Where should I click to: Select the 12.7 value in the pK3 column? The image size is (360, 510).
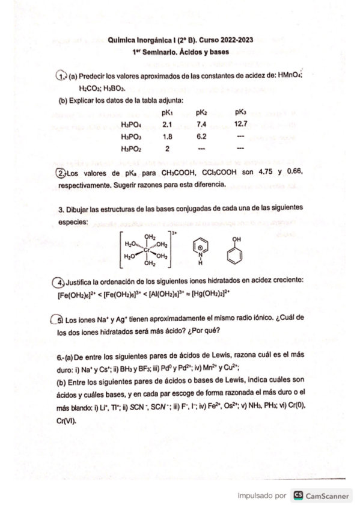[240, 124]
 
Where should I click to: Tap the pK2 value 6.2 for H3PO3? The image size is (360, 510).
[202, 137]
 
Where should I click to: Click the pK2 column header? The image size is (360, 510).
[202, 112]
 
